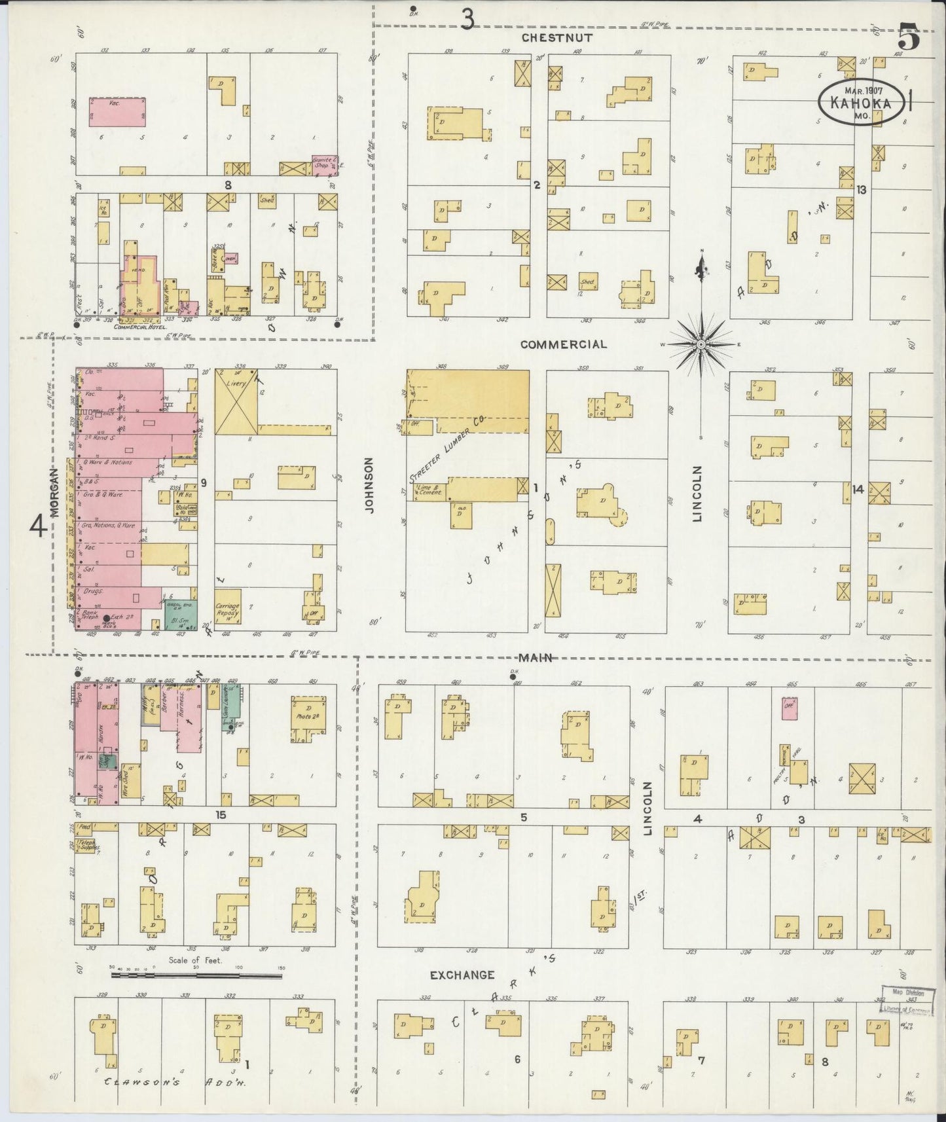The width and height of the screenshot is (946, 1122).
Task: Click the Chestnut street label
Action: [x=557, y=38]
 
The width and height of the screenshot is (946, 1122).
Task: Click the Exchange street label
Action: [x=462, y=975]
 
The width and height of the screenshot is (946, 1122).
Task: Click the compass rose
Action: [x=701, y=344]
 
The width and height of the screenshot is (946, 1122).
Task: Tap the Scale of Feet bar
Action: [x=196, y=975]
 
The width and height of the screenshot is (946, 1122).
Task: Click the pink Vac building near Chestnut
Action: [x=117, y=112]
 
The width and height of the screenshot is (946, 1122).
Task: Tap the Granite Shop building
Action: [x=325, y=164]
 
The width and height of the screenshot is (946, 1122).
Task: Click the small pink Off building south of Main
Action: [x=789, y=708]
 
